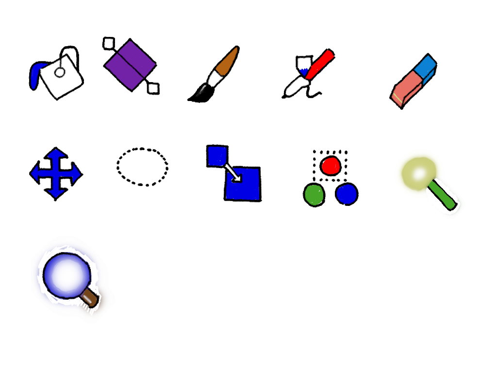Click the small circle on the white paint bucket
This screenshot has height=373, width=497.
(x=60, y=72)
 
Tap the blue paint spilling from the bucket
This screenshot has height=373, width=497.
(x=35, y=76)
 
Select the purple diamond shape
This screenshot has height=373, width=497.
(x=130, y=65)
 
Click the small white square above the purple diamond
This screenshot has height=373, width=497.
(x=109, y=43)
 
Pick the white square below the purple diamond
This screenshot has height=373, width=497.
(x=153, y=88)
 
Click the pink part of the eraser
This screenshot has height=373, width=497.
(x=407, y=88)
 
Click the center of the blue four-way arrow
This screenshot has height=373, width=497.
(x=56, y=173)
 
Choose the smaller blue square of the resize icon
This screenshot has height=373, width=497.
(x=217, y=156)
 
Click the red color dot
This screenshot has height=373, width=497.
(x=331, y=166)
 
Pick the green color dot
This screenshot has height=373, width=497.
(x=314, y=195)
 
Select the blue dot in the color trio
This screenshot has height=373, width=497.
(x=347, y=194)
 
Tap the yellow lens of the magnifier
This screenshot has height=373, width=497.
(x=417, y=173)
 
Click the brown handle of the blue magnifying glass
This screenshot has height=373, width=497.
(x=90, y=298)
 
